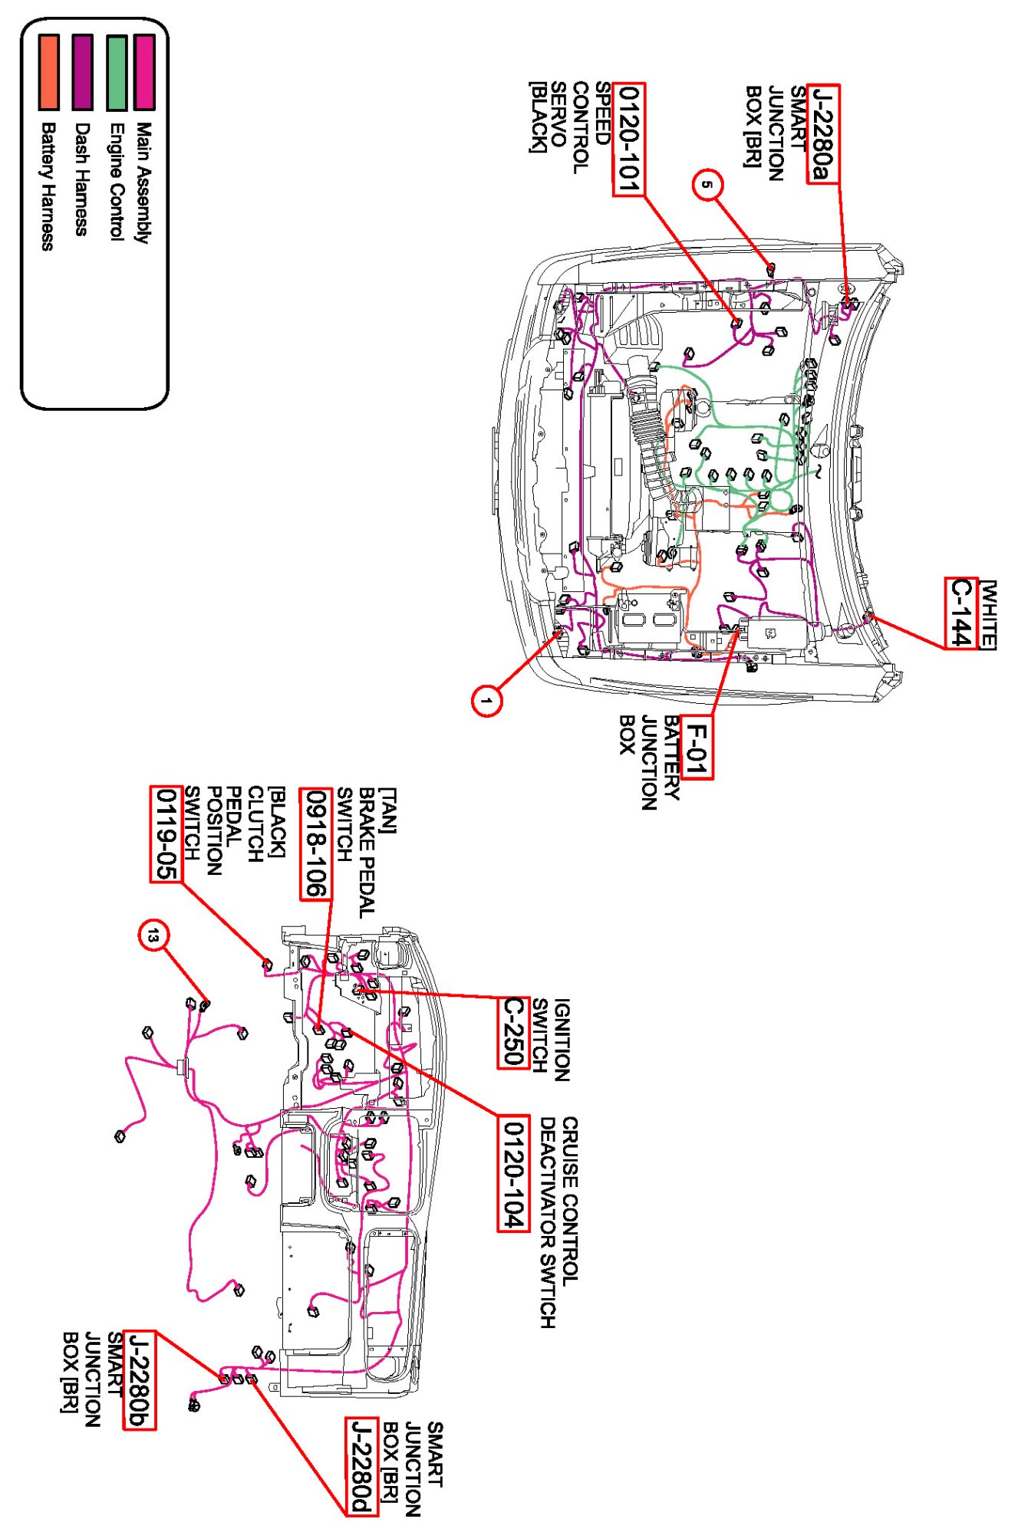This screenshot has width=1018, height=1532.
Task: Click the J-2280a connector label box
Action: pos(822,133)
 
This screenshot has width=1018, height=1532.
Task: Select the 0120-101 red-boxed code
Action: pos(628,139)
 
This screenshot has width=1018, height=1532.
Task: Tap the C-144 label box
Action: pos(960,613)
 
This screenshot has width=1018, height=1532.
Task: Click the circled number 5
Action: pos(708,185)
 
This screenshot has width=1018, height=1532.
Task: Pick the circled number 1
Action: pos(486,700)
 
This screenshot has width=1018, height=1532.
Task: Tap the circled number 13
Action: pos(153,935)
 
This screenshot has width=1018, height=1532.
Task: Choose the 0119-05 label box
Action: pos(166,834)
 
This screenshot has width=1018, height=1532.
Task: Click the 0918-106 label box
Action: pos(315,843)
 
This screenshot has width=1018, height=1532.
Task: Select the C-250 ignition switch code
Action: pos(513,1032)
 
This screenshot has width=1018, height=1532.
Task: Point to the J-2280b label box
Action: pos(140,1380)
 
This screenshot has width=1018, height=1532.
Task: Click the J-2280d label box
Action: pos(361,1467)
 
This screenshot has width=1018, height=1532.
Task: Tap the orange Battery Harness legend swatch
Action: pos(48,71)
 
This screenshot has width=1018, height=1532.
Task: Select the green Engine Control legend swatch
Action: pos(117,71)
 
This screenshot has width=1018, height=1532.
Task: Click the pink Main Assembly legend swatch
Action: pos(144,71)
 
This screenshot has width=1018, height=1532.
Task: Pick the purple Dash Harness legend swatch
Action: pos(82,71)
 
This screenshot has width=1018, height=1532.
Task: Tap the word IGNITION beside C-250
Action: pos(562,1040)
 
